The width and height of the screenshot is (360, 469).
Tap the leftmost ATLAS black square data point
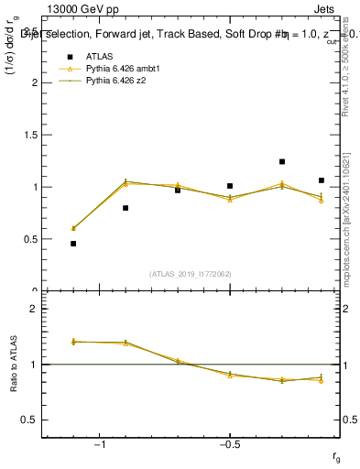tap(73, 244)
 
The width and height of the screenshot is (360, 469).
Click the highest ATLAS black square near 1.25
tap(282, 162)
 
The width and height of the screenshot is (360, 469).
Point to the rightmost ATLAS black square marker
tap(322, 180)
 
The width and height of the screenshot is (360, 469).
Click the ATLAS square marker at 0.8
tap(125, 208)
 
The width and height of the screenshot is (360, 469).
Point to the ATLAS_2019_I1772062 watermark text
tap(191, 274)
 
